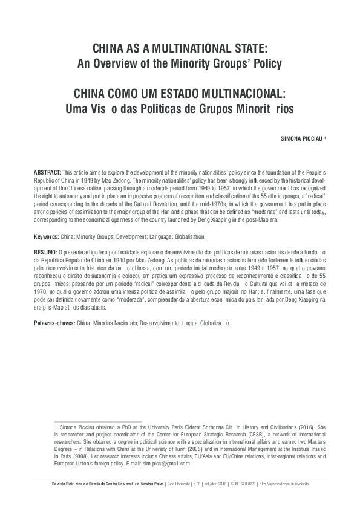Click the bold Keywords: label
pos(47,237)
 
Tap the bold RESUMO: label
pos(45,250)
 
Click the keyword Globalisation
pos(188,237)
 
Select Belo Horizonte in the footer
pos(179,485)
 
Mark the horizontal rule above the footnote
pos(97,421)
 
